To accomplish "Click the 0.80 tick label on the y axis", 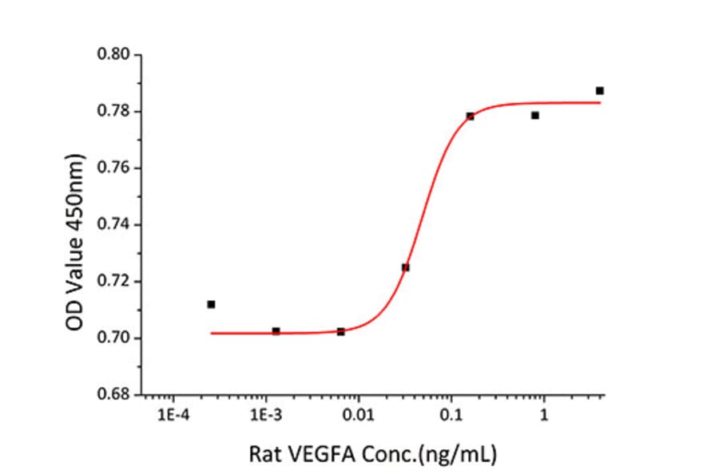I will coord(113,55).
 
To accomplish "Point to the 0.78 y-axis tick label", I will coord(113,112).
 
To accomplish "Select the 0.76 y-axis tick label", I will coord(113,168).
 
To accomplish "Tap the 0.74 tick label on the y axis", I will coord(113,225).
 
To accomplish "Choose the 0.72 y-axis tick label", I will coord(113,282).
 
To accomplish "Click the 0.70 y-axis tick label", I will coord(113,338).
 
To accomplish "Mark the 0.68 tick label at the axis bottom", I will coord(113,395).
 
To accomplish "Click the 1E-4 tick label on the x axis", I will coord(173,416).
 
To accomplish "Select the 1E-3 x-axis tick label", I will coord(266,416).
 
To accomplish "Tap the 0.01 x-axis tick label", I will coord(359,416).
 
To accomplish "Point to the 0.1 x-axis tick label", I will coord(451,416).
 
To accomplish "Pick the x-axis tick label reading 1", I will coord(543,416).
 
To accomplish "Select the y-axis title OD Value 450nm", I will coord(74,225).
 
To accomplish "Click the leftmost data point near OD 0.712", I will coord(211,304).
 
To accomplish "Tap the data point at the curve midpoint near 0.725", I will coord(406,267).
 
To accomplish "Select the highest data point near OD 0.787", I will coord(600,91).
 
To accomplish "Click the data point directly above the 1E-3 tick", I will coord(276,330).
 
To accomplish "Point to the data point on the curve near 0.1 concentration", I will coord(470,117).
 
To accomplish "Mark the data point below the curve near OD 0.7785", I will coord(535,116).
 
